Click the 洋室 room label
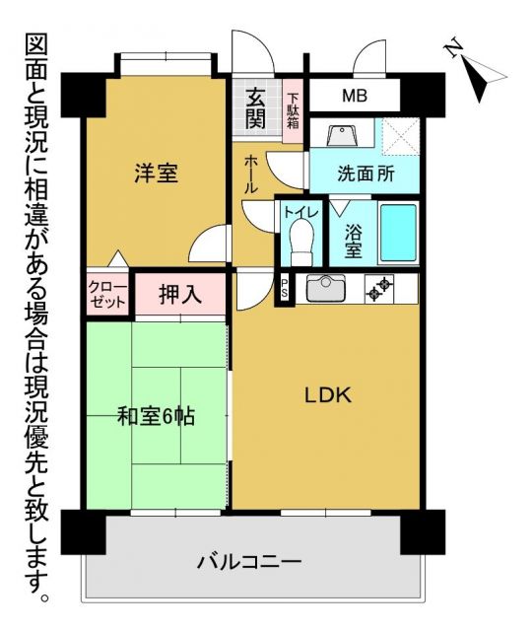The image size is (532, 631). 156,175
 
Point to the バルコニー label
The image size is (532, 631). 248,563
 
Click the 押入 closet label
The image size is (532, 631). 181,293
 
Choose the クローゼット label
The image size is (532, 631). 107,293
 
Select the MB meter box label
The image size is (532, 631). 355,97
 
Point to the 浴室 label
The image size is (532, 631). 353,241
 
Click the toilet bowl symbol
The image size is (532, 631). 300,240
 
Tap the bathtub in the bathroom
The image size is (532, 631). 400,234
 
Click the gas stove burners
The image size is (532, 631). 379,289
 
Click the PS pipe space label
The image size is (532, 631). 285,289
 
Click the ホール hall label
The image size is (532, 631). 250,174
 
